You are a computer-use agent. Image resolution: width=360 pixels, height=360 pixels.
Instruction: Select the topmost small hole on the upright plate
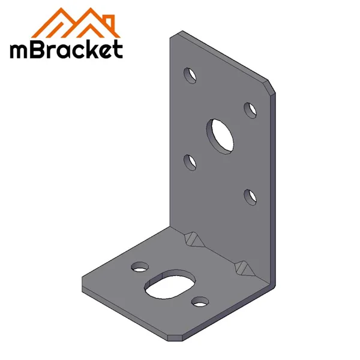(190, 75)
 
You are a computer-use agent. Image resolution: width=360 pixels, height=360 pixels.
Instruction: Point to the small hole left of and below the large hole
(190, 162)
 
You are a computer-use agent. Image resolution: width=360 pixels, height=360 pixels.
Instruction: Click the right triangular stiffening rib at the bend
(245, 268)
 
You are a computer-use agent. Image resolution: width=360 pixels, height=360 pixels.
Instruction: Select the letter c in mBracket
(77, 51)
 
